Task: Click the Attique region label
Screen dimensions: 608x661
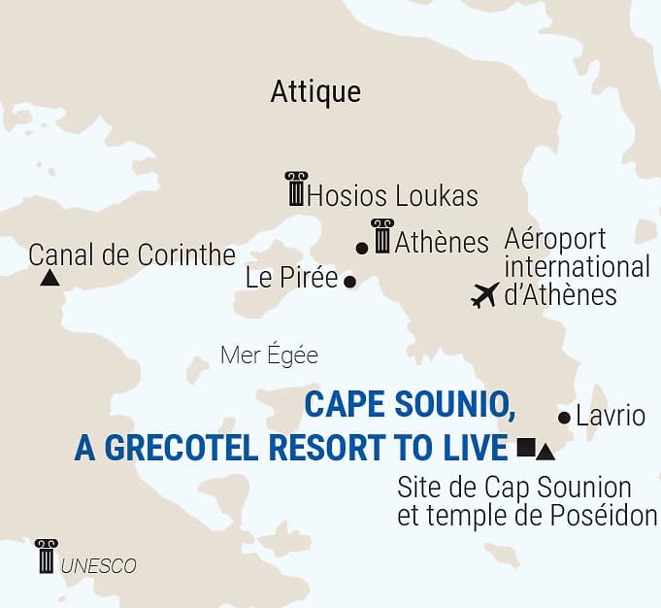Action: pyautogui.click(x=315, y=92)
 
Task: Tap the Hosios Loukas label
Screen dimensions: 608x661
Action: pyautogui.click(x=392, y=196)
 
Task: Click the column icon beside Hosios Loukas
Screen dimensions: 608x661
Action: pyautogui.click(x=295, y=188)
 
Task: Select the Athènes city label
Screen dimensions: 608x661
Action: pyautogui.click(x=442, y=242)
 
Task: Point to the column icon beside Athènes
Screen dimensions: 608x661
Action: pyautogui.click(x=382, y=235)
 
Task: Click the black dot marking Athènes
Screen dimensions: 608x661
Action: pyautogui.click(x=362, y=249)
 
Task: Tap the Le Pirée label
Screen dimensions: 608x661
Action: pyautogui.click(x=291, y=279)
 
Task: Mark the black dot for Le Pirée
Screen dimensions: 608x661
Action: pyautogui.click(x=350, y=282)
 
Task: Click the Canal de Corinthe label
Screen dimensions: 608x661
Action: pyautogui.click(x=132, y=255)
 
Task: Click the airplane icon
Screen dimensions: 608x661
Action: pyautogui.click(x=483, y=294)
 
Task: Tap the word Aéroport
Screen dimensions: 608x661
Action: pyautogui.click(x=555, y=239)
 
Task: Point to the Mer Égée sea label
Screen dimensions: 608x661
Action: pyautogui.click(x=269, y=355)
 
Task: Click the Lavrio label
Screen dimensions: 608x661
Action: pyautogui.click(x=610, y=417)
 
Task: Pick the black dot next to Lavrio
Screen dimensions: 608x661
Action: pyautogui.click(x=564, y=418)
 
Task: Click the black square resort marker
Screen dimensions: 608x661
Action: pyautogui.click(x=525, y=447)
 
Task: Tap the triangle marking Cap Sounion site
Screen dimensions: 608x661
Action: pyautogui.click(x=545, y=452)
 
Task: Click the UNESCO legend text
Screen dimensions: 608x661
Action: pyautogui.click(x=99, y=566)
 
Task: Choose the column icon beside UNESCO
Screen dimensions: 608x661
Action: pyautogui.click(x=46, y=557)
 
